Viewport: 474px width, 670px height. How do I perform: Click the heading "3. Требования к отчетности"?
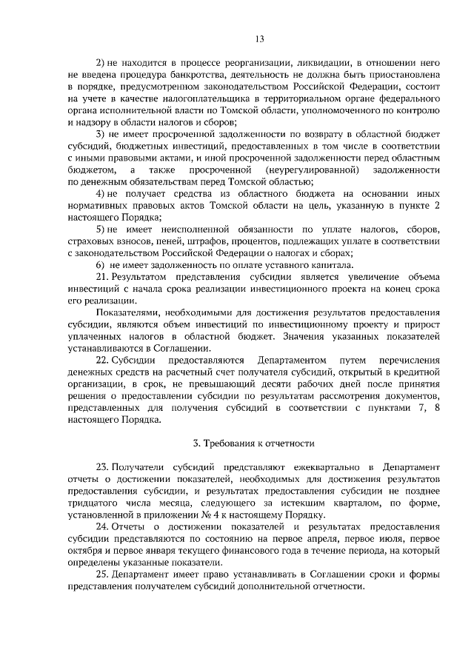click(254, 443)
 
